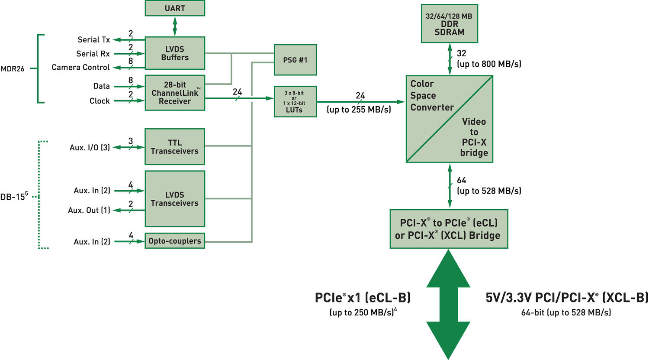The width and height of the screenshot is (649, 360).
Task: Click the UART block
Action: point(175,8)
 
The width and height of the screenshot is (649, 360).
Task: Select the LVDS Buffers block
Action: point(175,53)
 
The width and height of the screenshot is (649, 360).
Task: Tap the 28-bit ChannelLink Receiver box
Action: point(175,93)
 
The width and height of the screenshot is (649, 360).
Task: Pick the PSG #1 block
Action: point(295,60)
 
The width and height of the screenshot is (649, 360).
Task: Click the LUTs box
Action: point(295,102)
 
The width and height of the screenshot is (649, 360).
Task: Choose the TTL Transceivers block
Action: point(175,147)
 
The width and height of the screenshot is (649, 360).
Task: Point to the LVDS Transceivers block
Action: point(175,199)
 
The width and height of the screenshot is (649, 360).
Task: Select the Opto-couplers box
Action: point(175,241)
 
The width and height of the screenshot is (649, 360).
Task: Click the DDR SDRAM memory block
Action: point(450,24)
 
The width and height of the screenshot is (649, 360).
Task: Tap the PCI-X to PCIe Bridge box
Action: point(449,229)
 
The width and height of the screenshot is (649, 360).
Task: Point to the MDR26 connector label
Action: point(13,68)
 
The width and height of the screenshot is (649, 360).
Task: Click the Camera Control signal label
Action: point(80,67)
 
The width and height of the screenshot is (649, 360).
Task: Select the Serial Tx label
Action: point(93,39)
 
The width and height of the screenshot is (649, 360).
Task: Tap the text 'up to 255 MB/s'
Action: point(359,110)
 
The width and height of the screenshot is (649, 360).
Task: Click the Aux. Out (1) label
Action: point(89,210)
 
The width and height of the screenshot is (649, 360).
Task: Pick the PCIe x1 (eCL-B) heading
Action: point(363,298)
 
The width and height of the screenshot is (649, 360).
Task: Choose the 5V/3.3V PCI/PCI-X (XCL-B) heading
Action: point(567,298)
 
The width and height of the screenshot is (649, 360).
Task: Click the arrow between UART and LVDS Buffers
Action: point(175,26)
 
